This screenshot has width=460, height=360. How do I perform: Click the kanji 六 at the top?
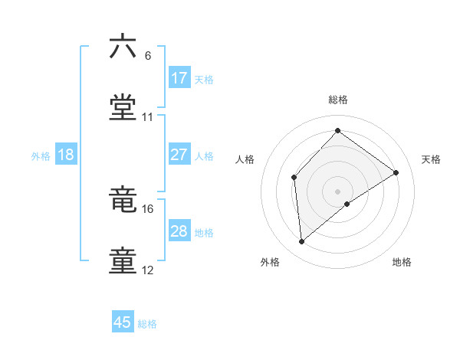point(123,47)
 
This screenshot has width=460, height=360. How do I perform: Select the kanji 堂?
point(123,107)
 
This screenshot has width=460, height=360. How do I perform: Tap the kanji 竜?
point(123,201)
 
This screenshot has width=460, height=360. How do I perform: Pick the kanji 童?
point(123,260)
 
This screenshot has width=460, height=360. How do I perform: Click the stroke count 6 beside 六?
point(148,56)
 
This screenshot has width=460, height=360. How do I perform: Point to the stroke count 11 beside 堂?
point(148,117)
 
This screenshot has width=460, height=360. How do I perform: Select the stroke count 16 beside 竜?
point(148,209)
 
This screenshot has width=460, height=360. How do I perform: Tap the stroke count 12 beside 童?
point(148,270)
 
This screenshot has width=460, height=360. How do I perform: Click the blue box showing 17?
point(179,78)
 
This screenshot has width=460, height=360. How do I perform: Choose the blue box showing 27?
point(179,155)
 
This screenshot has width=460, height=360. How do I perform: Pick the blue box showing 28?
point(179,231)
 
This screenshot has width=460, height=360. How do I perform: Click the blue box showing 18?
point(66,155)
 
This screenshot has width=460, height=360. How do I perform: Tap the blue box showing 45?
point(123,322)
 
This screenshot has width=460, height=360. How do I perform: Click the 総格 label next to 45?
point(147,324)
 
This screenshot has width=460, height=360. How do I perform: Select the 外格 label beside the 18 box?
point(41,156)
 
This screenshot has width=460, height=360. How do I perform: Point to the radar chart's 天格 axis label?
point(431,159)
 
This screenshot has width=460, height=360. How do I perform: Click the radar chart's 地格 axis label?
point(402,262)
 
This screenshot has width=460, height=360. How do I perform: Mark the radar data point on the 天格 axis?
point(396,172)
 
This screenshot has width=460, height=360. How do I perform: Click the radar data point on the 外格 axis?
point(302,241)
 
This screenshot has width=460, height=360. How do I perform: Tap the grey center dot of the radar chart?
point(338,191)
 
